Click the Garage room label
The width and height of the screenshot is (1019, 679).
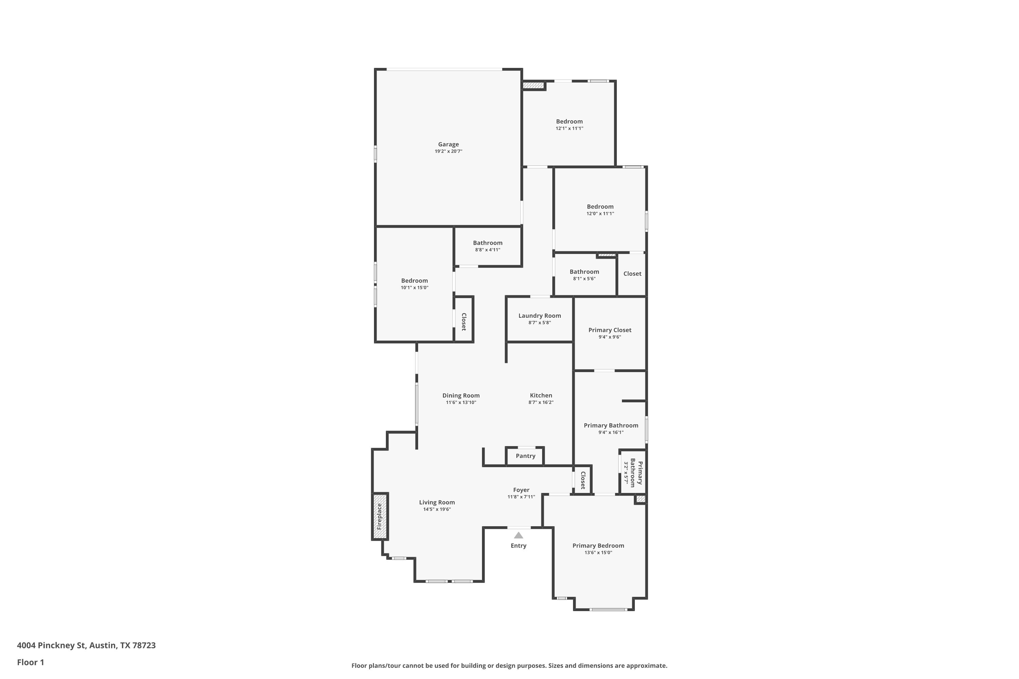tap(448, 144)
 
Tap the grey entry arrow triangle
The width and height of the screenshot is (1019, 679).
tap(518, 535)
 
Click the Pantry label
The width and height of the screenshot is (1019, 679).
tap(525, 456)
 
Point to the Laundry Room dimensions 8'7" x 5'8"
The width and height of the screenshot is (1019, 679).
tap(539, 323)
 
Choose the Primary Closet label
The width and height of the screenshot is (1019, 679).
tap(610, 330)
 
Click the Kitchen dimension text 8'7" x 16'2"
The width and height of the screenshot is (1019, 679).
tap(541, 402)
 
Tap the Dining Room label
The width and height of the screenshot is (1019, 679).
tap(461, 396)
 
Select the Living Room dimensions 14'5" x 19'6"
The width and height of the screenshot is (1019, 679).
tap(437, 509)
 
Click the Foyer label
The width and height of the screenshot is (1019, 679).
tap(521, 490)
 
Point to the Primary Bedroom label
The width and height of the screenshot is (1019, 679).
tap(598, 546)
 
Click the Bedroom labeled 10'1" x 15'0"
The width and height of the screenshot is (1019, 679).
tap(414, 281)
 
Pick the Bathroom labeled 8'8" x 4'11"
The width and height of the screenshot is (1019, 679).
tap(487, 243)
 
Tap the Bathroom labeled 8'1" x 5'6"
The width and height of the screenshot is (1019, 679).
tap(584, 272)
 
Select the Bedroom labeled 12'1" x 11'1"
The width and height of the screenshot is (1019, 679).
tap(569, 122)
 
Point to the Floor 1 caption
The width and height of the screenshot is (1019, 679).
tap(30, 662)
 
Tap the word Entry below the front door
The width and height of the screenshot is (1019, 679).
tap(518, 546)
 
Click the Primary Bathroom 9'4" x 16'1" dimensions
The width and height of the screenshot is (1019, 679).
tap(611, 432)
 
